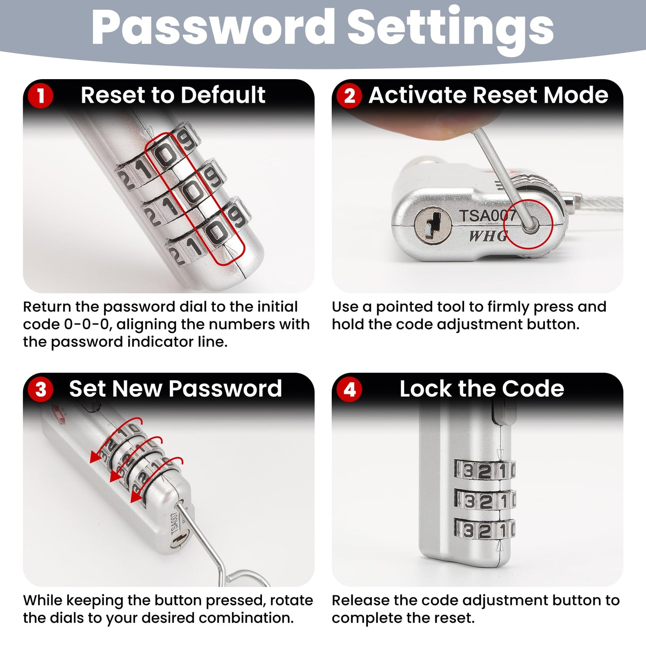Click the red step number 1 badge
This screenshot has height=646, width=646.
point(41,96)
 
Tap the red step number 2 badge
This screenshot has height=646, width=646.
point(349,96)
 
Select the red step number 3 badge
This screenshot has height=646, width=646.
point(41,389)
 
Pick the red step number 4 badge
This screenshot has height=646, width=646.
point(349,389)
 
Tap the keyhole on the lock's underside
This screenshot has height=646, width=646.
point(432,224)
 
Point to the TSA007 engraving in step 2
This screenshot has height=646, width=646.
point(487,215)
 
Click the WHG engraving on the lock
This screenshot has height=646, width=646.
point(488,236)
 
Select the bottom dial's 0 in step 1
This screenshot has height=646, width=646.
point(216,232)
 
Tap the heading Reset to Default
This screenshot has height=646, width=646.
point(173,95)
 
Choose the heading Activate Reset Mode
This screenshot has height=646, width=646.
point(489,95)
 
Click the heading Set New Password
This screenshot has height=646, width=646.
point(175,389)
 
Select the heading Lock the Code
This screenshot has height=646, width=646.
point(482,389)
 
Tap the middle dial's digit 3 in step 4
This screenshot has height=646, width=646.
point(469,502)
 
